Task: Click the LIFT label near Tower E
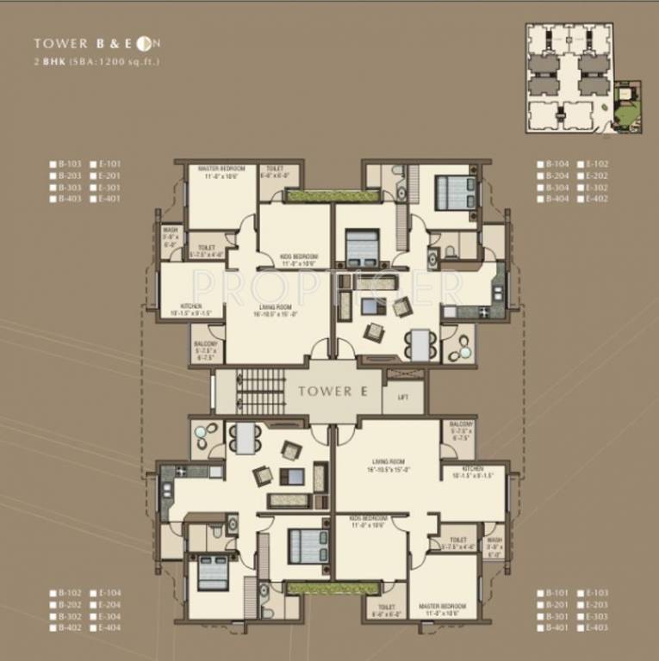(x=403, y=398)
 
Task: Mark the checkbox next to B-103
(x=53, y=164)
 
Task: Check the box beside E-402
(x=581, y=199)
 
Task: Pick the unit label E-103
(x=596, y=593)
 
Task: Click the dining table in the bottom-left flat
(x=246, y=438)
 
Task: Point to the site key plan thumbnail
(x=585, y=77)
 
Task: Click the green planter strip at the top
(x=320, y=195)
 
